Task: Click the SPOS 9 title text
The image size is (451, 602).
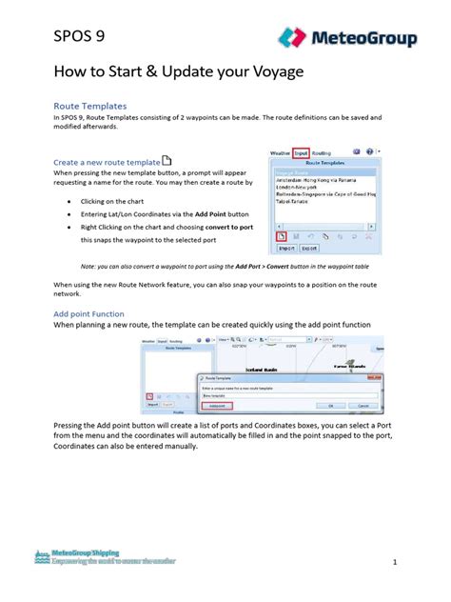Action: pos(79,37)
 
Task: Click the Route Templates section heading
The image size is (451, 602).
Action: pos(89,106)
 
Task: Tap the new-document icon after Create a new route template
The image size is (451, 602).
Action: pos(167,160)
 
